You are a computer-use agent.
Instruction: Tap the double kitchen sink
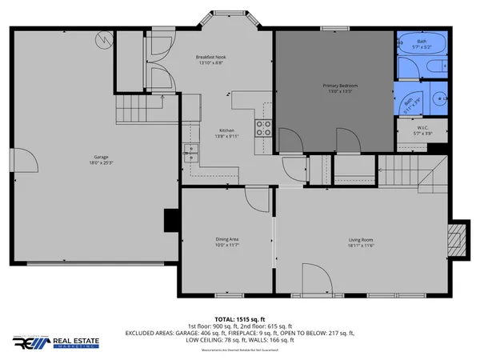[190, 151]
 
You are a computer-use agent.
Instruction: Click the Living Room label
[362, 240]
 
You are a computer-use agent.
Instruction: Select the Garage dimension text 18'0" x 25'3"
[101, 163]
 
